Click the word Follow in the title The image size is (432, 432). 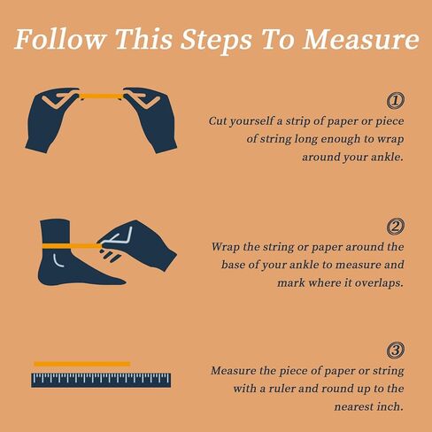tap(60, 39)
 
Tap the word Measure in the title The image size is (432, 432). tap(360, 39)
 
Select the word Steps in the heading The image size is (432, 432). tap(216, 41)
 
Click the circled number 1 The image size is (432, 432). tap(396, 101)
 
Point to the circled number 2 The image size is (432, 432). tap(396, 227)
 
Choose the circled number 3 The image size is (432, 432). tap(396, 351)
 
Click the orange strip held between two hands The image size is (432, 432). tap(102, 96)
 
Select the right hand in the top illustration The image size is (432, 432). tap(151, 119)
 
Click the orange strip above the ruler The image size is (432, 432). tap(82, 364)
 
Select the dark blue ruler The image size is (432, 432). tap(101, 380)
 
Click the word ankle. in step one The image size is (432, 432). tap(387, 157)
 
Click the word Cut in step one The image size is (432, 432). tap(218, 121)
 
